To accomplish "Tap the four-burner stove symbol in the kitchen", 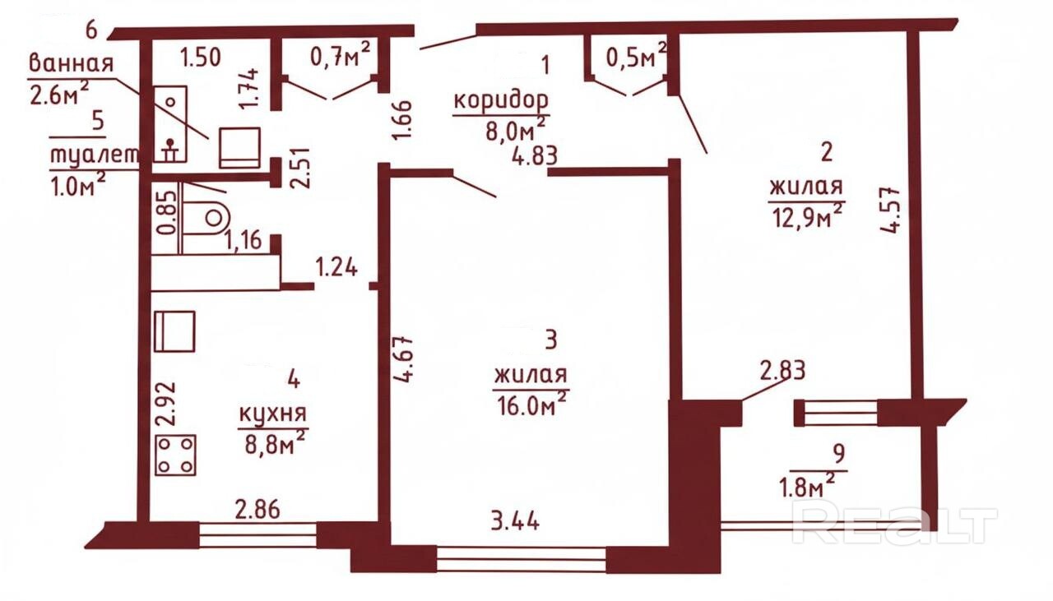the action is [x=175, y=455].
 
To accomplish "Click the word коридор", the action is [x=501, y=102].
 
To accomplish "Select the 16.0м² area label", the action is [x=531, y=405].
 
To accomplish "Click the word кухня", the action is [x=272, y=414].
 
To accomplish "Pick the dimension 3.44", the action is [x=515, y=521].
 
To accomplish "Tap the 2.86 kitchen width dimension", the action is [x=257, y=509].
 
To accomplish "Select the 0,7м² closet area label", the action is [x=340, y=55].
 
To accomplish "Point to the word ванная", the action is [x=71, y=62].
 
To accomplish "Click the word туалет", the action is [x=95, y=155].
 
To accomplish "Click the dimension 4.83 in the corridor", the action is [x=535, y=156].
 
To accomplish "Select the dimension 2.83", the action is [x=782, y=370].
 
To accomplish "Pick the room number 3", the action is [x=551, y=340].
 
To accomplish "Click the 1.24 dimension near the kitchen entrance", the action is [x=336, y=267].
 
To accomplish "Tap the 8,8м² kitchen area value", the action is [x=275, y=442].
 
